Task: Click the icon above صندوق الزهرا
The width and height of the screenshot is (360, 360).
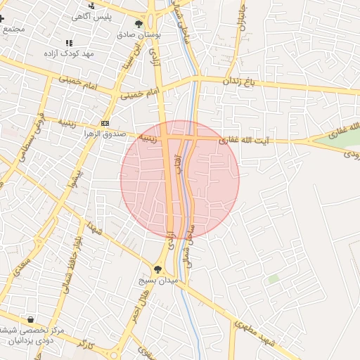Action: pos(105,123)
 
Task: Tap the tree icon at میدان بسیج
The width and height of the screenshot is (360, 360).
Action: pos(157,269)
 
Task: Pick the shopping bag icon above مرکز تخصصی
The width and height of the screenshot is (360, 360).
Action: pos(30,319)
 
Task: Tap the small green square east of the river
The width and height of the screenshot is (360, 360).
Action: pos(273,279)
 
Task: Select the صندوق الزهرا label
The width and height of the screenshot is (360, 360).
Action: pos(105,134)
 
